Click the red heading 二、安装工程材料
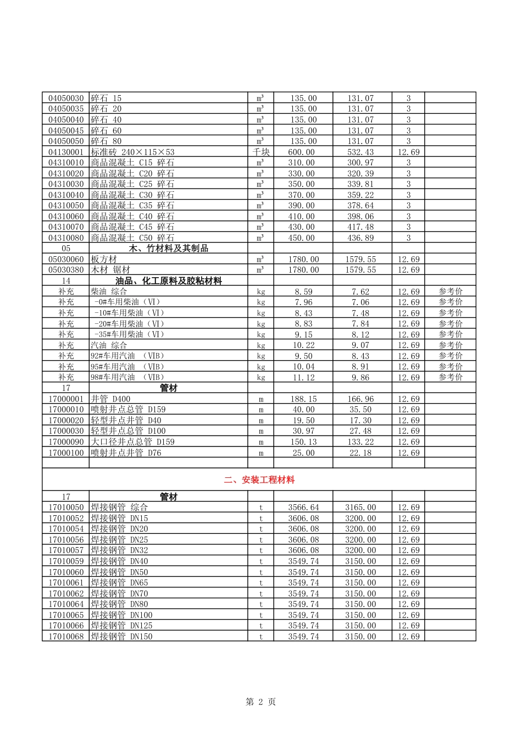pyautogui.click(x=259, y=480)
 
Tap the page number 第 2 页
pyautogui.click(x=260, y=702)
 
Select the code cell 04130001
pyautogui.click(x=66, y=152)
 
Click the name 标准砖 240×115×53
pyautogui.click(x=133, y=152)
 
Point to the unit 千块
pyautogui.click(x=261, y=152)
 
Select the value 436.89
pyautogui.click(x=360, y=238)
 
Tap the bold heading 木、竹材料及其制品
pyautogui.click(x=169, y=249)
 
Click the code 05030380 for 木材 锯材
pyautogui.click(x=66, y=270)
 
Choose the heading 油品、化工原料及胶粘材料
pyautogui.click(x=169, y=281)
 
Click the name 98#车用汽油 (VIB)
pyautogui.click(x=127, y=378)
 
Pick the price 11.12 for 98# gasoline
pyautogui.click(x=303, y=378)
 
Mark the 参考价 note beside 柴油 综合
pyautogui.click(x=451, y=291)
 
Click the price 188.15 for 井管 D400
pyautogui.click(x=303, y=399)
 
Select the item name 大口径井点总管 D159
pyautogui.click(x=133, y=442)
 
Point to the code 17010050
pyautogui.click(x=66, y=508)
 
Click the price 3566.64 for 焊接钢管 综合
pyautogui.click(x=303, y=508)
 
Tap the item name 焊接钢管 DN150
pyautogui.click(x=122, y=637)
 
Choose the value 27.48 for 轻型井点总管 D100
pyautogui.click(x=360, y=431)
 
